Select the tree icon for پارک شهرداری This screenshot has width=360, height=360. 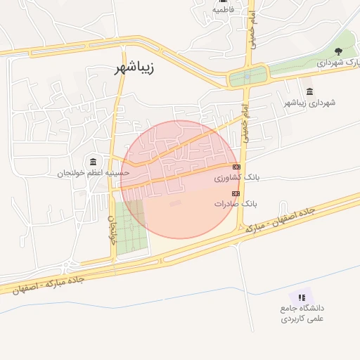click(339, 51)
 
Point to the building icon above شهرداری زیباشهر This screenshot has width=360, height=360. click(310, 91)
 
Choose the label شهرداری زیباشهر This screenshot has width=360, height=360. click(309, 103)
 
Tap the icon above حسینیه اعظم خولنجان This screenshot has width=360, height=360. click(94, 162)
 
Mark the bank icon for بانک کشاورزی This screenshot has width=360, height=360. click(236, 167)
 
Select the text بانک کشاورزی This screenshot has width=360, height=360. click(236, 178)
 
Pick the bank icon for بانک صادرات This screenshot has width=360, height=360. click(236, 193)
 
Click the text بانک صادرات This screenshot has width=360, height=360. click(236, 204)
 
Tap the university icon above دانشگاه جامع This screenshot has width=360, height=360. click(302, 297)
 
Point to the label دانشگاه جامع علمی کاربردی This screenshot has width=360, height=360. click(301, 314)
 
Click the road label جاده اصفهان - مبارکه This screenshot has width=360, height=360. click(277, 219)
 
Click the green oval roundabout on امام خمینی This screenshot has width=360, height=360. click(248, 75)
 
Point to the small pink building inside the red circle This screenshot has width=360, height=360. click(175, 204)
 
